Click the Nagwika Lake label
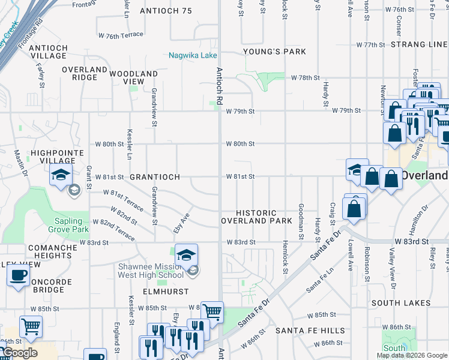(x=193, y=55)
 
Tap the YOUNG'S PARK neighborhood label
(x=274, y=52)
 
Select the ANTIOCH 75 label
(x=165, y=11)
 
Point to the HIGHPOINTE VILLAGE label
(x=58, y=157)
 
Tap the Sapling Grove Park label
(x=68, y=226)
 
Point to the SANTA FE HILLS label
(x=310, y=331)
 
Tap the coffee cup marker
(x=17, y=276)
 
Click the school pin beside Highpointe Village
(x=61, y=175)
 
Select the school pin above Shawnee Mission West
(x=186, y=254)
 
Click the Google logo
(x=19, y=353)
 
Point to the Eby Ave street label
(x=182, y=224)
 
